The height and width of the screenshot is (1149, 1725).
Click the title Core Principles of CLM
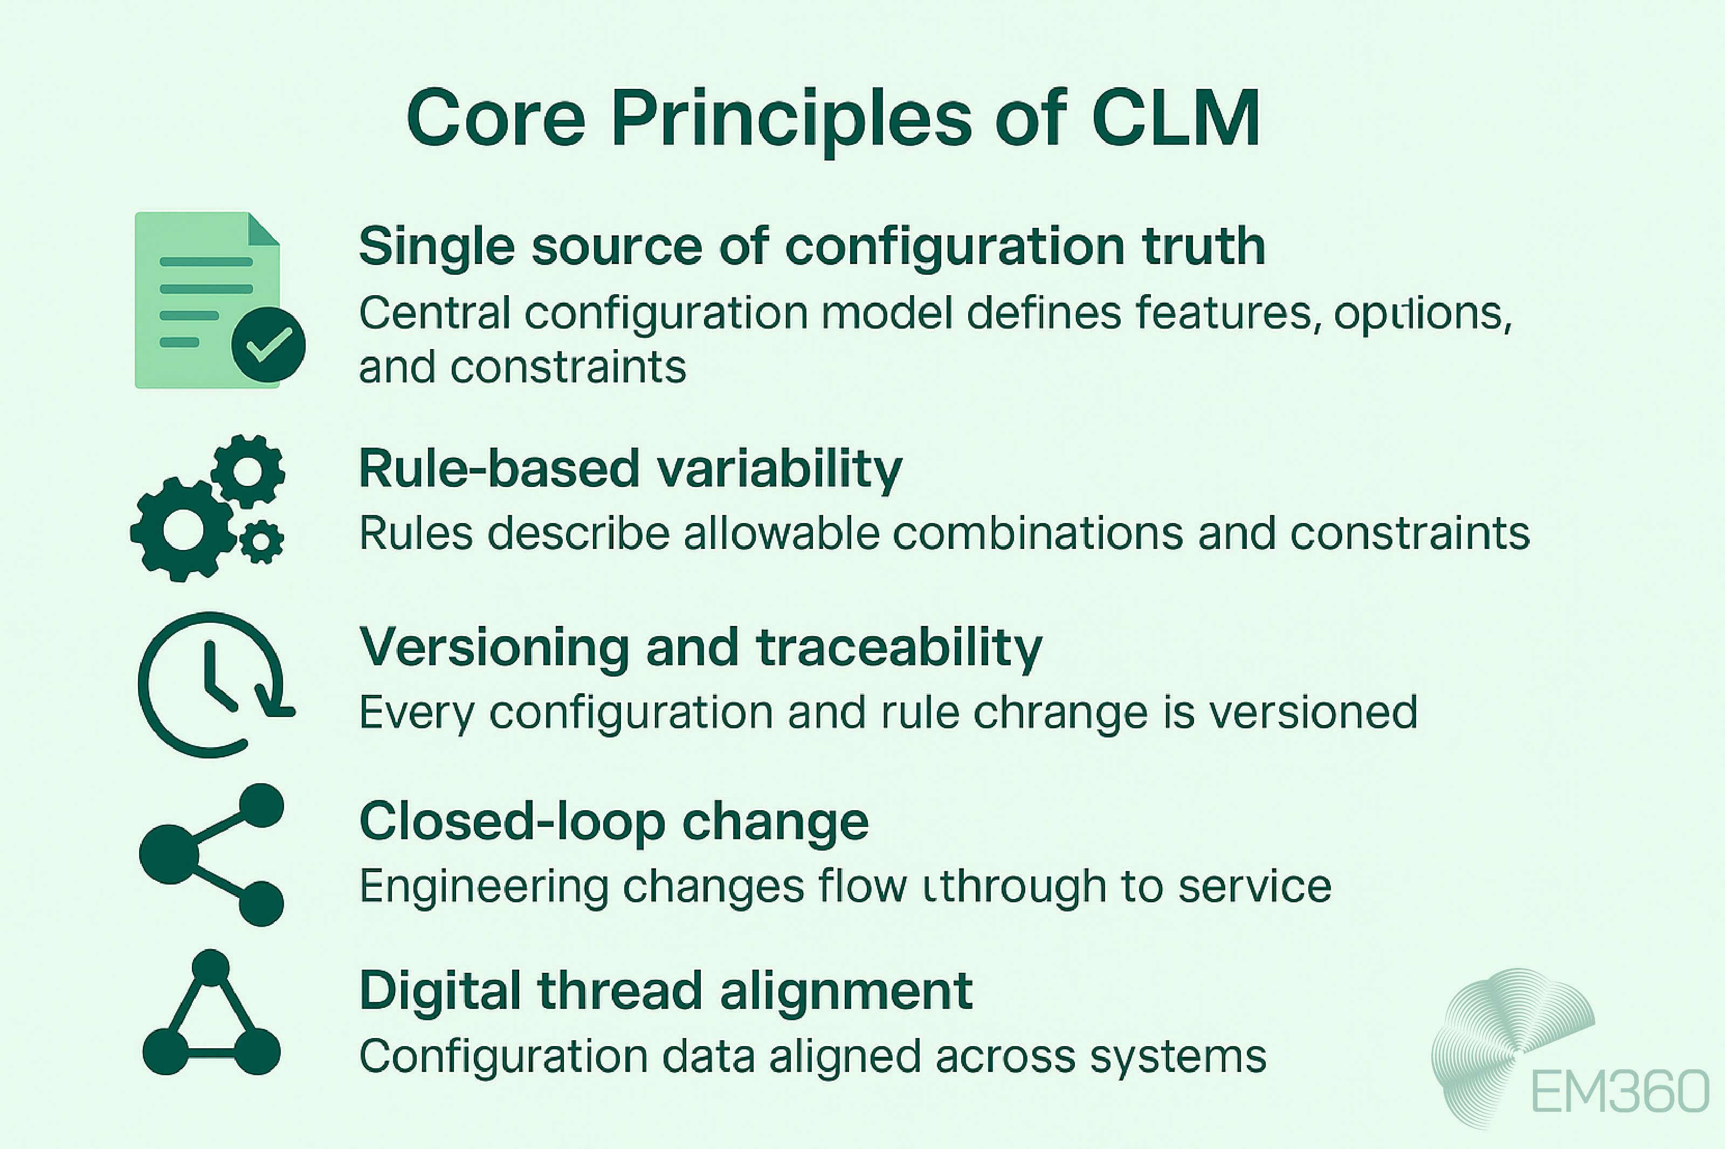tap(833, 119)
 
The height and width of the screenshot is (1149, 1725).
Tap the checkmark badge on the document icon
tap(268, 344)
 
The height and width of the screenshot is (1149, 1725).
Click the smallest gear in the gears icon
tap(261, 542)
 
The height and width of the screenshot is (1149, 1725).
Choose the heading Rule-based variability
tap(631, 469)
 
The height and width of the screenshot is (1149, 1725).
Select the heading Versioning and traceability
tap(700, 648)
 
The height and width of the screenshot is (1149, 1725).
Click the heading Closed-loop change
tap(613, 822)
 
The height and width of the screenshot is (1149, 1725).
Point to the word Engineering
tap(483, 887)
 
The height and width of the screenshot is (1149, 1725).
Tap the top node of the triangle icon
tap(211, 967)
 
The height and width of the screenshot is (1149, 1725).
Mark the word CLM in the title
tap(1175, 119)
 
